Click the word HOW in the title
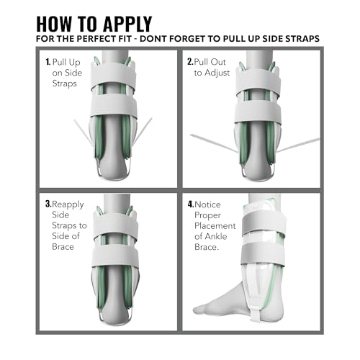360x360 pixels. (x=54, y=24)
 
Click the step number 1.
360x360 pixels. (x=48, y=62)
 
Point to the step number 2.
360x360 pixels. (x=190, y=62)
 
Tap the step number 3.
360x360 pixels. (x=48, y=204)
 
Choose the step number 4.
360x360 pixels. (x=191, y=204)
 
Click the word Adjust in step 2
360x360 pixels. (x=217, y=73)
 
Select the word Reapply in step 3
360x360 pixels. (x=68, y=204)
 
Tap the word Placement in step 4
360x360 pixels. (x=215, y=226)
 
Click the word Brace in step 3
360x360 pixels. (x=63, y=247)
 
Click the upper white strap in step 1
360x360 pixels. (x=113, y=74)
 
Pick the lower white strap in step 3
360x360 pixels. (x=115, y=257)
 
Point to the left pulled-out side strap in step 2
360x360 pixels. (x=215, y=143)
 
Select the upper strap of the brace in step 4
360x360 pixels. (x=264, y=223)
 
